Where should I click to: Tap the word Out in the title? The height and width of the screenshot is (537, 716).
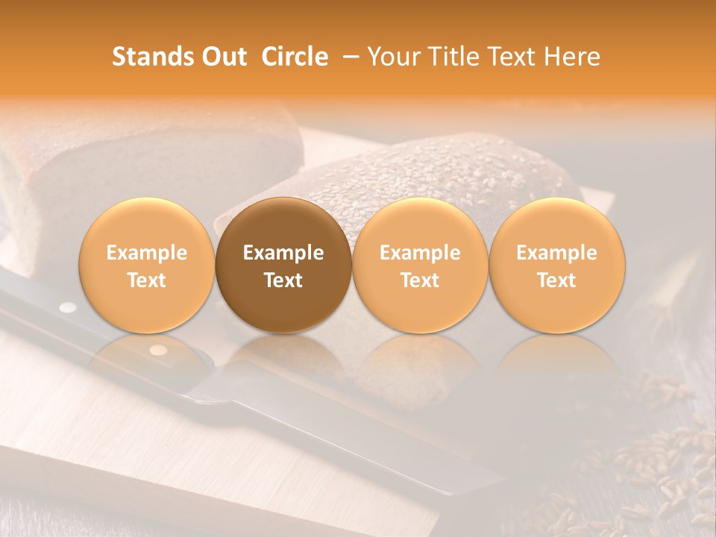(222, 57)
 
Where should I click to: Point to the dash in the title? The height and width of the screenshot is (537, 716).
(348, 57)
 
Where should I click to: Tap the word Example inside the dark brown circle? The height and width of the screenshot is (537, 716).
(283, 253)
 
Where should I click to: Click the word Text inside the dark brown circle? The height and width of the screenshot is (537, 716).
(283, 280)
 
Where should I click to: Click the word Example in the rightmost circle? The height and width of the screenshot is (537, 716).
(557, 253)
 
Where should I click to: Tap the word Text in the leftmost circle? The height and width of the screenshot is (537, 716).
(147, 280)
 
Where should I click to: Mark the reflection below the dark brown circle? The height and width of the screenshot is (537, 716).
(283, 358)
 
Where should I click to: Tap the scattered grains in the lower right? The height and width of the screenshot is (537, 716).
(656, 462)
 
